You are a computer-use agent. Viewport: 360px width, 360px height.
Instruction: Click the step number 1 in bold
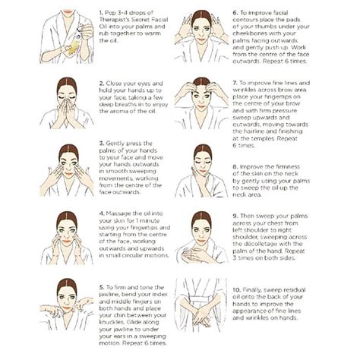click(x=101, y=14)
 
